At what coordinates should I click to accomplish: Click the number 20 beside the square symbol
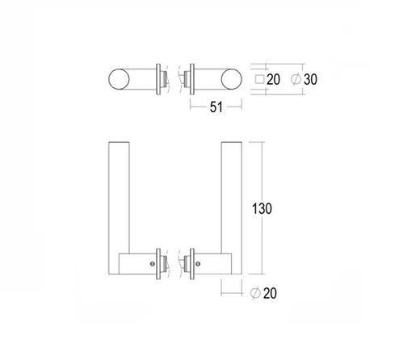click(271, 79)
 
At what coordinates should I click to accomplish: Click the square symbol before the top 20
click(258, 79)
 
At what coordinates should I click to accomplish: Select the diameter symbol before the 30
click(296, 79)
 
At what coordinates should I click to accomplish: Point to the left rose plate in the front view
click(162, 262)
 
